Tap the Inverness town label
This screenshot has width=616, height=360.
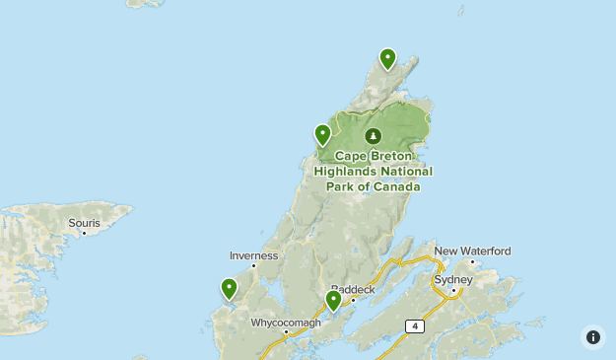(253, 255)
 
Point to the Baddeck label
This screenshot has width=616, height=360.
(353, 290)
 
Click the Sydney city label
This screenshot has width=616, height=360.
(453, 279)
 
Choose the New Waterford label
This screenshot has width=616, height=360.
(472, 251)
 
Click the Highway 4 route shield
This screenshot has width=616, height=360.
(414, 325)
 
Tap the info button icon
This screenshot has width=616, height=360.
(592, 336)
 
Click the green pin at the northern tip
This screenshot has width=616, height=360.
(388, 59)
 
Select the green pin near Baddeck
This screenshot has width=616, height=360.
(333, 300)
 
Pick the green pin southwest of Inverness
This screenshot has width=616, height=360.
(229, 288)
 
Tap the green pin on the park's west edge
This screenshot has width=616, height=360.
(322, 134)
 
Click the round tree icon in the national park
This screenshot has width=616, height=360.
(373, 136)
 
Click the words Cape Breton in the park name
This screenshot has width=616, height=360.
(376, 156)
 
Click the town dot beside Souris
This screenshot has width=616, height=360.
(84, 233)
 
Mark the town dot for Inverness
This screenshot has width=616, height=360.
(253, 265)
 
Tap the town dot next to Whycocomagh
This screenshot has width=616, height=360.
(286, 331)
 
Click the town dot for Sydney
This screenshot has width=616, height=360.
(453, 290)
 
